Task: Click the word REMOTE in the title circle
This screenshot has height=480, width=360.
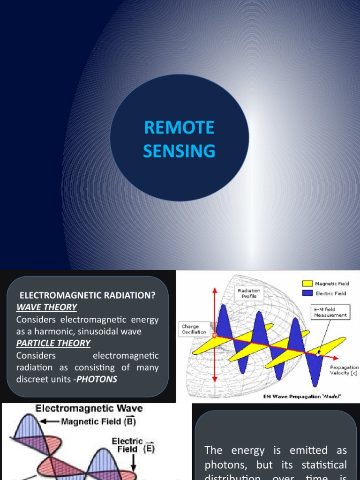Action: coord(179,127)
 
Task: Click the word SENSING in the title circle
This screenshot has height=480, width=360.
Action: coord(179,151)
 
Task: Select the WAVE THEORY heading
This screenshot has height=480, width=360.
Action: coord(46,307)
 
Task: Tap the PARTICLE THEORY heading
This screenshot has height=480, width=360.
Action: coord(53,343)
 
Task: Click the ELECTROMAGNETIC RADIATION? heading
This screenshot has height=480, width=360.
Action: coord(87,295)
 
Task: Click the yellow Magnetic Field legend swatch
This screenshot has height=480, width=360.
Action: coord(307,284)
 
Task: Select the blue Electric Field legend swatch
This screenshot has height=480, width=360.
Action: coord(307,293)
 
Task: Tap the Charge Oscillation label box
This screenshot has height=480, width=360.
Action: coord(193,329)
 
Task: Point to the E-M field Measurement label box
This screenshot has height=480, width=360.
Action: coord(331,313)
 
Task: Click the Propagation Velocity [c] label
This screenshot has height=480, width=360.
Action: coord(344,370)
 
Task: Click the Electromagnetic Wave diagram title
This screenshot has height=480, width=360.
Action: coord(89,408)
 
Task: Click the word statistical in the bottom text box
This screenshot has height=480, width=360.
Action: coord(322,465)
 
